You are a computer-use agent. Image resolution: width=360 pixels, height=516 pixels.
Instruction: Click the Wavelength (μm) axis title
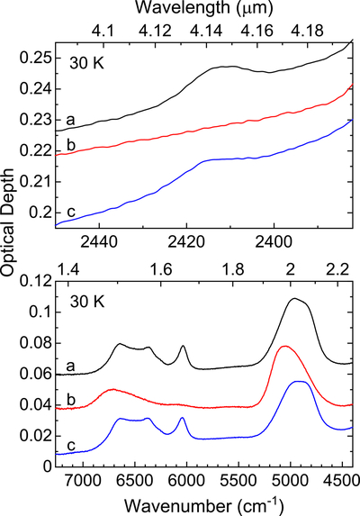point(204,8)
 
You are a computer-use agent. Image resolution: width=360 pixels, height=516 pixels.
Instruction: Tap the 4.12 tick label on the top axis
point(155,31)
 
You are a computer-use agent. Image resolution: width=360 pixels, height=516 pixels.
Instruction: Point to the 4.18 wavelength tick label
point(307,31)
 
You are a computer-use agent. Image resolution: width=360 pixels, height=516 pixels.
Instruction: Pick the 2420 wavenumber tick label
point(186,242)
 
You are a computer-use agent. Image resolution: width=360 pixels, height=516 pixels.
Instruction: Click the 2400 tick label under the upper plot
point(274,242)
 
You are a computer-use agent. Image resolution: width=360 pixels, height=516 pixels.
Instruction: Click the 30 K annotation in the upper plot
point(86,63)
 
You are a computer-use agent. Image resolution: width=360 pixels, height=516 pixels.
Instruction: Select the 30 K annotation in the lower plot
point(87,302)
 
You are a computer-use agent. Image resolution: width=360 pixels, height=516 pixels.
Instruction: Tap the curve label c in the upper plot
point(71,212)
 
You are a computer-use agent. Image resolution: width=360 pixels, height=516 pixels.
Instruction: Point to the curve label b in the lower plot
point(71,399)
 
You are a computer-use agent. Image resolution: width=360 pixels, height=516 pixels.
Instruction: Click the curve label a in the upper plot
point(70,120)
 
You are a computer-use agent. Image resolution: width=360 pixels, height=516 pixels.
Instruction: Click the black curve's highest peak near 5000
point(294,298)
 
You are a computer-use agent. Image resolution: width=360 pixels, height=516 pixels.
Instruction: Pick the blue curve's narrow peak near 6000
point(182,418)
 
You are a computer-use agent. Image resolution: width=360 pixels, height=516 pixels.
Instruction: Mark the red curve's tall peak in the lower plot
point(284,346)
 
